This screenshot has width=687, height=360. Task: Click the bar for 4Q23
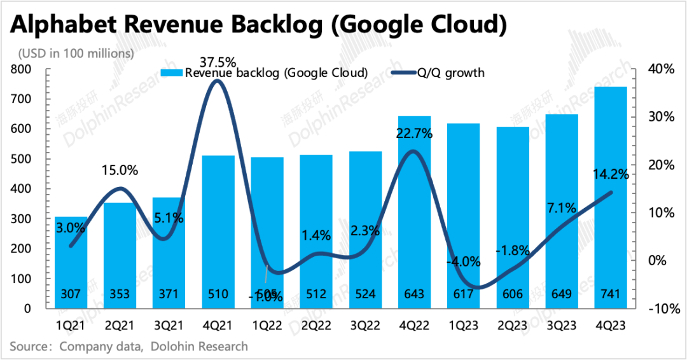click(611, 197)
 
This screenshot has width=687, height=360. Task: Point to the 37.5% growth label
click(218, 62)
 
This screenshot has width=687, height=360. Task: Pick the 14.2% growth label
click(611, 174)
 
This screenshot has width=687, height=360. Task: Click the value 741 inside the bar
click(611, 294)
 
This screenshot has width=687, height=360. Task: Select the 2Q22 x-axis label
click(316, 325)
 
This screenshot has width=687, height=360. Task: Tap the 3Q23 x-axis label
click(562, 325)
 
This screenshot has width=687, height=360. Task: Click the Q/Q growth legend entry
click(449, 73)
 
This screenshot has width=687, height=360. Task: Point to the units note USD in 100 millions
click(76, 53)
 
